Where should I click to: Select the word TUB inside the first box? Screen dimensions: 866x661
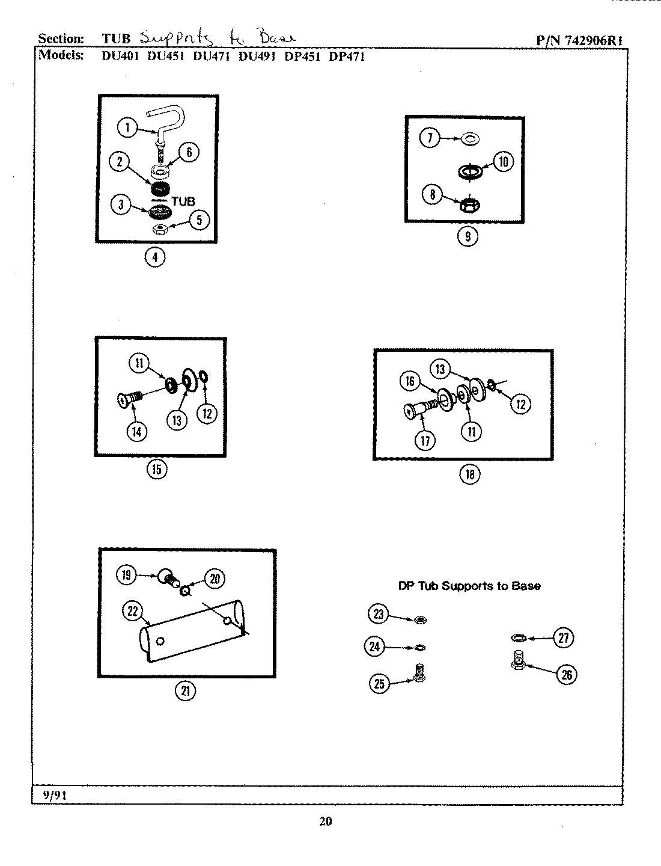(183, 201)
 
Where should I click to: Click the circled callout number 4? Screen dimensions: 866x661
(155, 257)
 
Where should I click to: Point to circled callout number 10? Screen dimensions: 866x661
(503, 161)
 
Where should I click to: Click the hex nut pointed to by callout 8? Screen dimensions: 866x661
(469, 206)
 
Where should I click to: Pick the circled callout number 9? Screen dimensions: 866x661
(468, 236)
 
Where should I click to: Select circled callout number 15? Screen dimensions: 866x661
(157, 469)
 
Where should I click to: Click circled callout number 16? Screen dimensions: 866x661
(410, 381)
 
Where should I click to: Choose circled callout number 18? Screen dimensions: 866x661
(470, 474)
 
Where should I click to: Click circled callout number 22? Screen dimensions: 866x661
(133, 612)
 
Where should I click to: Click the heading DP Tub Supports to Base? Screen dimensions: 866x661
(469, 586)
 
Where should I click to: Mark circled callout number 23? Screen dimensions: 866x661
(378, 614)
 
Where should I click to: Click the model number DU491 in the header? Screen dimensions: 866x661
(257, 57)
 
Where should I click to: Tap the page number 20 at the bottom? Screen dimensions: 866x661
(325, 821)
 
